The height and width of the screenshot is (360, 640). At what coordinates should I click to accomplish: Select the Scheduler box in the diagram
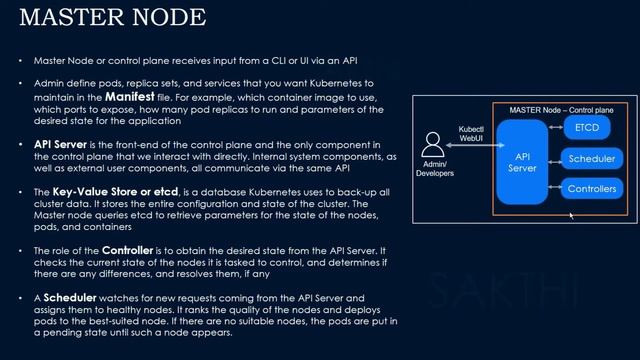(593, 159)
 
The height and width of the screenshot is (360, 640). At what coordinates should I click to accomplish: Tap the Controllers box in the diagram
(593, 188)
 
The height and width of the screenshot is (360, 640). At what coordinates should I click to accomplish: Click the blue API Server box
(522, 163)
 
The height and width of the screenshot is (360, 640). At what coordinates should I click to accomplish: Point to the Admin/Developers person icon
(434, 145)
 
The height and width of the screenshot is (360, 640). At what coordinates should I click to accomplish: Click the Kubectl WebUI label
(471, 136)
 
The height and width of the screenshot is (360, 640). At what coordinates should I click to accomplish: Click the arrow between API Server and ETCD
(555, 130)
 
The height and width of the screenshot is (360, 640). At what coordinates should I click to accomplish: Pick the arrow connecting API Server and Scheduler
(555, 159)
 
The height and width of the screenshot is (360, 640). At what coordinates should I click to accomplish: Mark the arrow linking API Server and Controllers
(555, 187)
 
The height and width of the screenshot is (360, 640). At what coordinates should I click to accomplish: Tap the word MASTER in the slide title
(61, 17)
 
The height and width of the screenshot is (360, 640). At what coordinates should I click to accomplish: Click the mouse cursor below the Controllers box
(571, 215)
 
